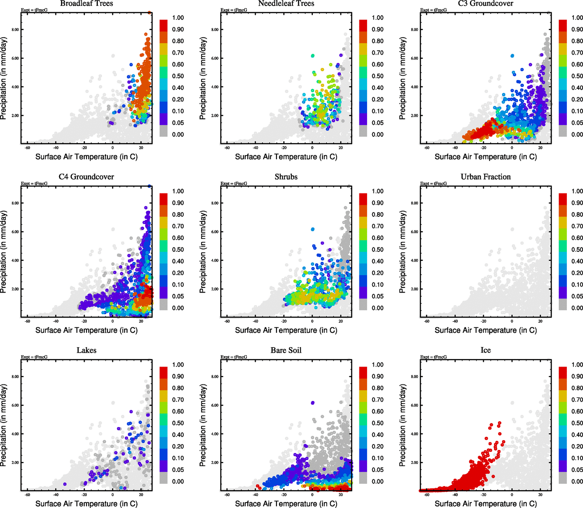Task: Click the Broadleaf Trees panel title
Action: [x=86, y=4]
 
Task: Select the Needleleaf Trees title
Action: [x=286, y=4]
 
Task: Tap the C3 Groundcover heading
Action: [x=486, y=4]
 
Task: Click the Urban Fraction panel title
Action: [x=486, y=177]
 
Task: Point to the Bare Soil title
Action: [x=286, y=351]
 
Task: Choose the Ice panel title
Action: [x=486, y=351]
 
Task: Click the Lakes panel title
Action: [x=86, y=351]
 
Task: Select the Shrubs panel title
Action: [x=286, y=177]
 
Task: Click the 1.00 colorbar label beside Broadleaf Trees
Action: [x=178, y=18]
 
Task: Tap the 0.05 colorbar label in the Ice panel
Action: [x=577, y=470]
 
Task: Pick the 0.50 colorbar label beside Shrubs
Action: [x=378, y=250]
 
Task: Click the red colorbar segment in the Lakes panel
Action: [x=163, y=373]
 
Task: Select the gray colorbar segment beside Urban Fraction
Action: [x=563, y=304]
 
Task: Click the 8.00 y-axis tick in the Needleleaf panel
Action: [x=215, y=30]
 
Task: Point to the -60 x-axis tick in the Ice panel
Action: [x=427, y=494]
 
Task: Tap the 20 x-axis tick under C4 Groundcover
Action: [x=141, y=321]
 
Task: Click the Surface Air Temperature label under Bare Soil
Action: [x=286, y=504]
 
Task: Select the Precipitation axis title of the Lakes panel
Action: [x=4, y=425]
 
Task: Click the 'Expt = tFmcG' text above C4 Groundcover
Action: [x=34, y=184]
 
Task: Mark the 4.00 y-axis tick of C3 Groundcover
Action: [x=414, y=87]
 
